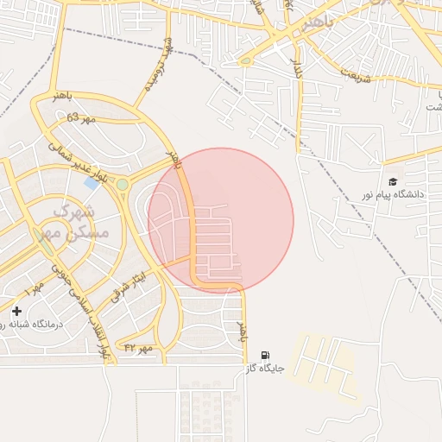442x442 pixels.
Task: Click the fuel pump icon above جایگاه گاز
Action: pyautogui.click(x=264, y=355)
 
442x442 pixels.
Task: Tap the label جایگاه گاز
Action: pyautogui.click(x=264, y=369)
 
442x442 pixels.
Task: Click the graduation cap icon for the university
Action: pyautogui.click(x=393, y=182)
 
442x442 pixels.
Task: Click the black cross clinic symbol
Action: pyautogui.click(x=16, y=311)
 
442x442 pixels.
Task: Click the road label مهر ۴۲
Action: pyautogui.click(x=138, y=347)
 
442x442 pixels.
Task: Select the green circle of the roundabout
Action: pyautogui.click(x=123, y=184)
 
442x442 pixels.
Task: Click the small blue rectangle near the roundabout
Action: pyautogui.click(x=92, y=184)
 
